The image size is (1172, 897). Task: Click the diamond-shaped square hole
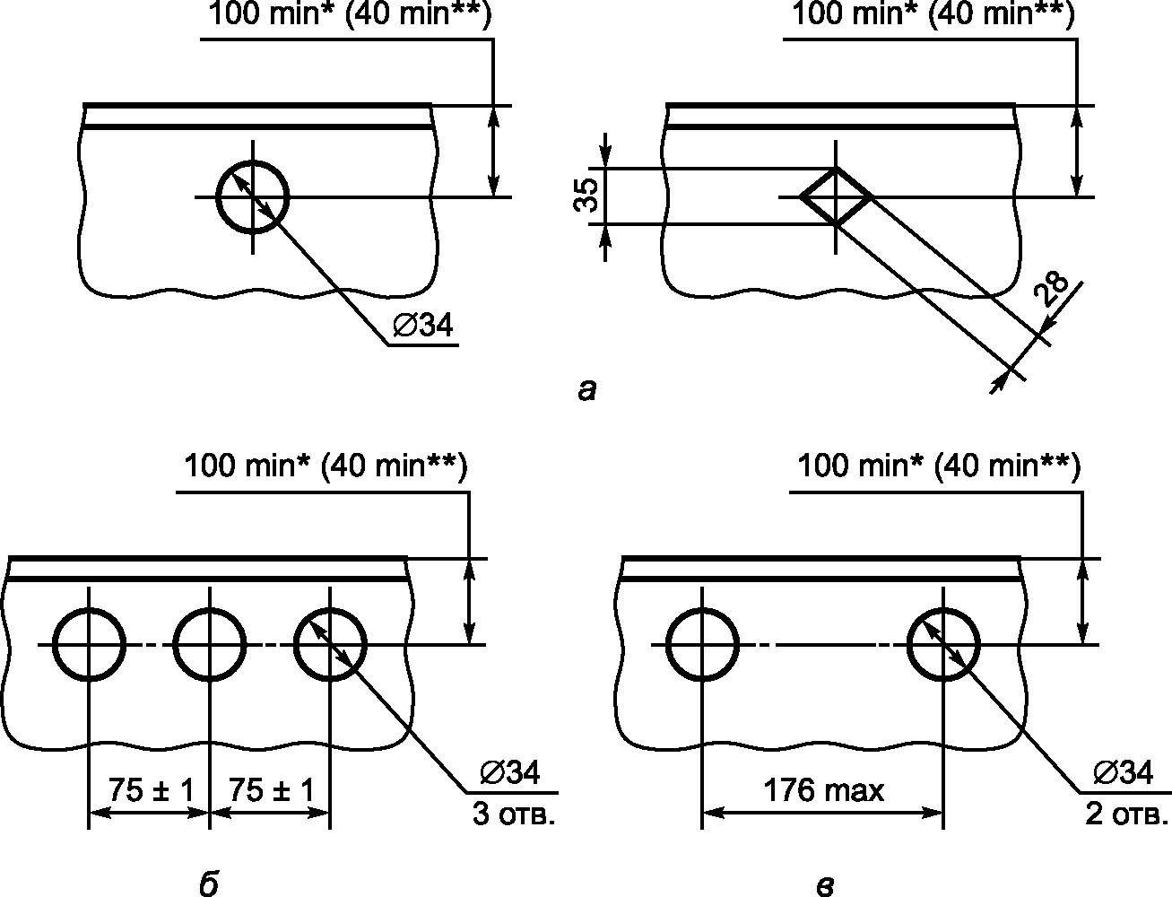pyautogui.click(x=819, y=182)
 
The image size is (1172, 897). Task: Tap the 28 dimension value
pyautogui.click(x=1050, y=291)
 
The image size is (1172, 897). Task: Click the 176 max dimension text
pyautogui.click(x=824, y=791)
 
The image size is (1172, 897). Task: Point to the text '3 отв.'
pyautogui.click(x=513, y=815)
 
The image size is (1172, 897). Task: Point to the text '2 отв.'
pyautogui.click(x=1126, y=815)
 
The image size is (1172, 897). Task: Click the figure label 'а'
pyautogui.click(x=586, y=391)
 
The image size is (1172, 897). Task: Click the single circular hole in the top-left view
pyautogui.click(x=217, y=197)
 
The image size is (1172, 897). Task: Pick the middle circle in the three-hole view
pyautogui.click(x=174, y=644)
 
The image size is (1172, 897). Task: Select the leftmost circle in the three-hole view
pyautogui.click(x=54, y=644)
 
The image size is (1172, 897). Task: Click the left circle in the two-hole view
pyautogui.click(x=667, y=644)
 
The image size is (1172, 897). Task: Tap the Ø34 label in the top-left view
pyautogui.click(x=423, y=325)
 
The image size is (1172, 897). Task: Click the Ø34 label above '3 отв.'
pyautogui.click(x=510, y=772)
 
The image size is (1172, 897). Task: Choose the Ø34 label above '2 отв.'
pyautogui.click(x=1124, y=772)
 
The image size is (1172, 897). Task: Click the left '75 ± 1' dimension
pyautogui.click(x=152, y=790)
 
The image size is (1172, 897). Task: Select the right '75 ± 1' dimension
pyautogui.click(x=272, y=790)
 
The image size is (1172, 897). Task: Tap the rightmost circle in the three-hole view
pyautogui.click(x=295, y=644)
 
